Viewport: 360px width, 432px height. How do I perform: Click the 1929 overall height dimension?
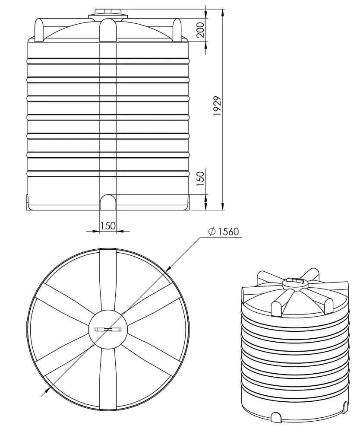(x=218, y=106)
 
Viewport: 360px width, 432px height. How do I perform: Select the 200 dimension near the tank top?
(x=201, y=30)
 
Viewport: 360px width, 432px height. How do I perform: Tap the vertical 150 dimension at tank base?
(x=201, y=179)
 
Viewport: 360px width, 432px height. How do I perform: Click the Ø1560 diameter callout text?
(x=224, y=232)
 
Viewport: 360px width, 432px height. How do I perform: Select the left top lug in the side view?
(x=39, y=30)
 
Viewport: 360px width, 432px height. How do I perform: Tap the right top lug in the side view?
(x=177, y=30)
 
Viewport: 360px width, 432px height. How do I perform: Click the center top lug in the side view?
(x=108, y=30)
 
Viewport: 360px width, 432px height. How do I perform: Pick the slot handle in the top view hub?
(x=108, y=329)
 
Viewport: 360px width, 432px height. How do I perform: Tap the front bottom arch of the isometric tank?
(x=276, y=416)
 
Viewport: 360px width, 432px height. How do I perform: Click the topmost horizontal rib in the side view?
(x=108, y=61)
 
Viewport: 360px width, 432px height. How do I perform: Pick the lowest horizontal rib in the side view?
(x=108, y=174)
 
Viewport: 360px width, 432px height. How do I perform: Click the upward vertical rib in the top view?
(x=108, y=279)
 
